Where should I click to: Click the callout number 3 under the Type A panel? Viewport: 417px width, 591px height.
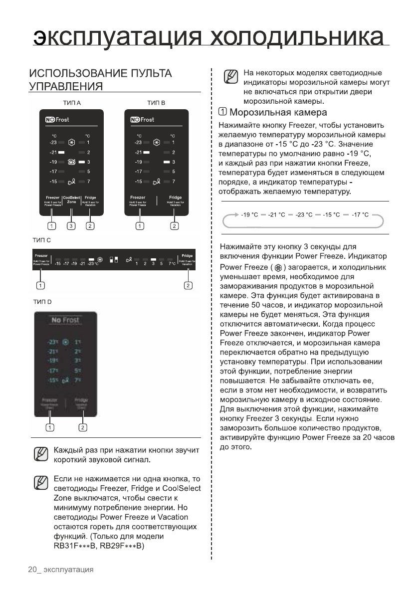71,226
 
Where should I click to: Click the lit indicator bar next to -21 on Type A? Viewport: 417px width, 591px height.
62,152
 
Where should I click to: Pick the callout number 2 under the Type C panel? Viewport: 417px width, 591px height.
188,285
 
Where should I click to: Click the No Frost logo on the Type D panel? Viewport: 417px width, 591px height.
64,320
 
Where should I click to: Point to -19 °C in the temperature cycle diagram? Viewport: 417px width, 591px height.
249,215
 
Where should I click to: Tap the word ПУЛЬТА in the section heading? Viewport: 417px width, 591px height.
148,73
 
